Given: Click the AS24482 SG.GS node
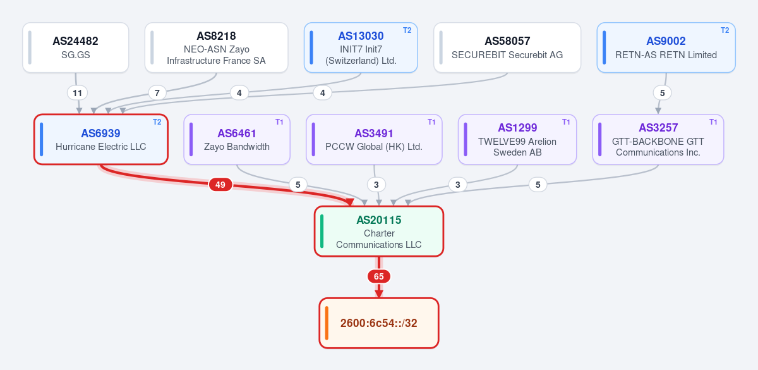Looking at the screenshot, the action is (75, 47).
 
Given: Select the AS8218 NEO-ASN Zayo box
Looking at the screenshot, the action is (216, 47).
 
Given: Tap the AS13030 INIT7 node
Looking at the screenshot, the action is (361, 47).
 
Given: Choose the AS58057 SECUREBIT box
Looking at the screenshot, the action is (507, 47).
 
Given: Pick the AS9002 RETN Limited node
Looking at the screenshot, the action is (666, 47).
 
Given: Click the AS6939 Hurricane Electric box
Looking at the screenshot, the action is (101, 139).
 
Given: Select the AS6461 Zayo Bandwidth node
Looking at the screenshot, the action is (237, 139).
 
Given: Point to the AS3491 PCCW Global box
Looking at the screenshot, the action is (374, 139).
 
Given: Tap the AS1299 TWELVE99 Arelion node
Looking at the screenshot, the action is (517, 139).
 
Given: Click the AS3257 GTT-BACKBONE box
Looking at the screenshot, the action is (658, 139).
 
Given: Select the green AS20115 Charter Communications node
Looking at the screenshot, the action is (379, 231).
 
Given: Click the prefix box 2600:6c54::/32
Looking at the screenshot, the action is (379, 323).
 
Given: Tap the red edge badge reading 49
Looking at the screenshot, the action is (220, 185).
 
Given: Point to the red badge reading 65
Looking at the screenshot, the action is (379, 276).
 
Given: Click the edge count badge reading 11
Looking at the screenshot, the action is (78, 93).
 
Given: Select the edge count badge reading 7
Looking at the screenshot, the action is (157, 93).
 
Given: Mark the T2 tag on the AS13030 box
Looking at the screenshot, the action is (407, 30).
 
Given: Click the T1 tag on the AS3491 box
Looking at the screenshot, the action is (431, 122).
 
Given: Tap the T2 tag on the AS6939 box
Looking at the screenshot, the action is (157, 122).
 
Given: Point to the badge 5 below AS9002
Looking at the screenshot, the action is (662, 93).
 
